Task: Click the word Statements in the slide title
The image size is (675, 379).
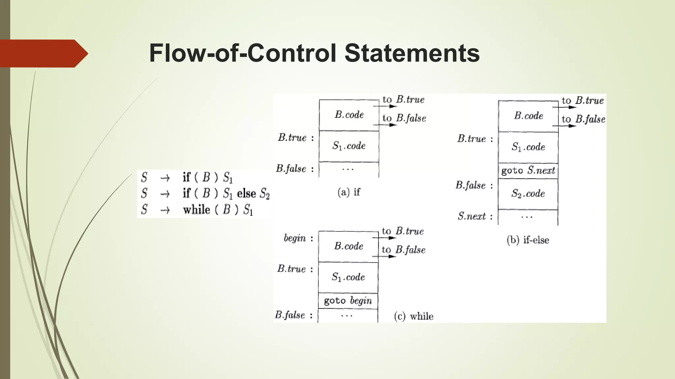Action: (412, 53)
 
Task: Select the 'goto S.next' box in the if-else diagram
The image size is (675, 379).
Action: (528, 170)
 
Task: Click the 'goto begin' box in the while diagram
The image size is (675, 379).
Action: (348, 301)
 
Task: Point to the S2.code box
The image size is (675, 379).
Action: (528, 193)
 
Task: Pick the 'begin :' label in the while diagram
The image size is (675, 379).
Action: (298, 238)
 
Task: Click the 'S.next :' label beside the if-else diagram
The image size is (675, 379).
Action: (475, 216)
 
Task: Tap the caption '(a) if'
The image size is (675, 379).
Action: (349, 192)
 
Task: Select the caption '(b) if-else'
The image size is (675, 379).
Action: (528, 240)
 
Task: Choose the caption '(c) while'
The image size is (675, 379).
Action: (414, 316)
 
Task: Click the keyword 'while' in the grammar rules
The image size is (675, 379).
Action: (196, 210)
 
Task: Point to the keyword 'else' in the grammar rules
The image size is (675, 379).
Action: (246, 193)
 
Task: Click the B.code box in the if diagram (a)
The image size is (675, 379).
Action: (349, 115)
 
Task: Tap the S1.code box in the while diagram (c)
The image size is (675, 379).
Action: (348, 277)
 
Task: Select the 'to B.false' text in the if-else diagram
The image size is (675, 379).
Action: (583, 119)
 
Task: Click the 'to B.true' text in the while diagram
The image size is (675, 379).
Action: (403, 231)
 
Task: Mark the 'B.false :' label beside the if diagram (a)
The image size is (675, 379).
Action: (295, 169)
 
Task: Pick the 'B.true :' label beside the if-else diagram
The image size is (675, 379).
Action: (475, 139)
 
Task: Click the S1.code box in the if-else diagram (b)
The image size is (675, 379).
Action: (528, 147)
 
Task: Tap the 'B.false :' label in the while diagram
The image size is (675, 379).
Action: (294, 315)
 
